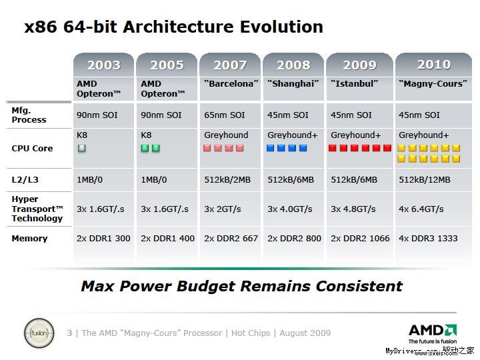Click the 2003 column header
tap(103, 65)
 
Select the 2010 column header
tap(433, 65)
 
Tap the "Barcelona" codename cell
tap(229, 84)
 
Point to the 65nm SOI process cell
tap(224, 115)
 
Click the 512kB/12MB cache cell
tap(424, 180)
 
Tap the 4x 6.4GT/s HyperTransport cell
tap(421, 209)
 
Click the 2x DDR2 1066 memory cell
tap(360, 239)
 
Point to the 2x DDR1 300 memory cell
tap(103, 239)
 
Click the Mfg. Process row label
tap(29, 115)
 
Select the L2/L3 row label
tap(26, 180)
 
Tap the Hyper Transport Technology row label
tap(37, 209)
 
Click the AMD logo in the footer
tap(432, 331)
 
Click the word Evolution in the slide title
tap(273, 27)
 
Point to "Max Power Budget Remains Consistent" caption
tap(241, 287)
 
